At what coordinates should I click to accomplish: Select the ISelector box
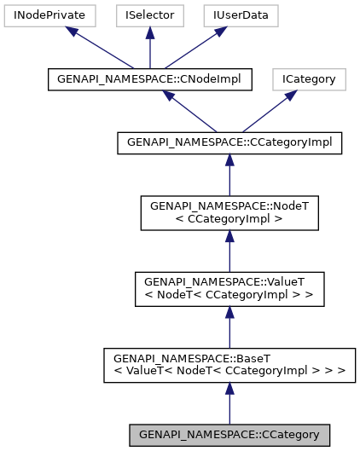tap(149, 15)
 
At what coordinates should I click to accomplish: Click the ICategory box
tap(309, 80)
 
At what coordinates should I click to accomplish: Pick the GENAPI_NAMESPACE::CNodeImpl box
tap(149, 80)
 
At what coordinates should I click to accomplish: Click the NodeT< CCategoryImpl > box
tap(229, 212)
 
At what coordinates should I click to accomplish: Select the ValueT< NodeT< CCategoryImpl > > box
tap(229, 289)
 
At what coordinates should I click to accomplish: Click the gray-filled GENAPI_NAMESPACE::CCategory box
tap(229, 435)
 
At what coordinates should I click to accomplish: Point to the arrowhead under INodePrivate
tap(73, 32)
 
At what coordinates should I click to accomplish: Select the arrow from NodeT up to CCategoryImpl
tap(229, 175)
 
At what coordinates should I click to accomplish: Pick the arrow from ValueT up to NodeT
tap(229, 251)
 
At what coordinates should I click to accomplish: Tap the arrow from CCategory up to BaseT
tap(229, 402)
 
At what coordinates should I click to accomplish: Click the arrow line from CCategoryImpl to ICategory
tap(265, 114)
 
